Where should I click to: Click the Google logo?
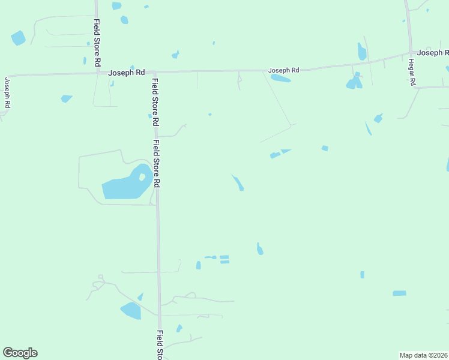tap(20, 353)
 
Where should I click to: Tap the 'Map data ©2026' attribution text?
tap(423, 355)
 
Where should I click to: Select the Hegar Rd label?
tap(412, 72)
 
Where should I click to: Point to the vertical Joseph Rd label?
tap(8, 92)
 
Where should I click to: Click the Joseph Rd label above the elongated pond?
tap(283, 70)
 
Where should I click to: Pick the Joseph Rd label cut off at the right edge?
tap(433, 53)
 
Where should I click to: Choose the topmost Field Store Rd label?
tap(97, 42)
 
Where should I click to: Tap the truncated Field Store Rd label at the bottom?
tap(160, 344)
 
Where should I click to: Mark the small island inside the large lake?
tap(142, 177)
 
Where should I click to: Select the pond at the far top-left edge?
tap(18, 38)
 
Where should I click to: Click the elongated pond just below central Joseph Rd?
tap(280, 78)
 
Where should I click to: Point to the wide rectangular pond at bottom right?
tap(399, 293)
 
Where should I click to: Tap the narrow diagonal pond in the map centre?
tap(238, 182)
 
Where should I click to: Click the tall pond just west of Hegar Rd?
tap(362, 52)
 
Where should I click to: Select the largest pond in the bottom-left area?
tap(131, 310)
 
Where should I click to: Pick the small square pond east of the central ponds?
tap(325, 148)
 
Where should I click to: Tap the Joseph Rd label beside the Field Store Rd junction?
tap(127, 73)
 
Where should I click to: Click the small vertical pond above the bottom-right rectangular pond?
tap(362, 275)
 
